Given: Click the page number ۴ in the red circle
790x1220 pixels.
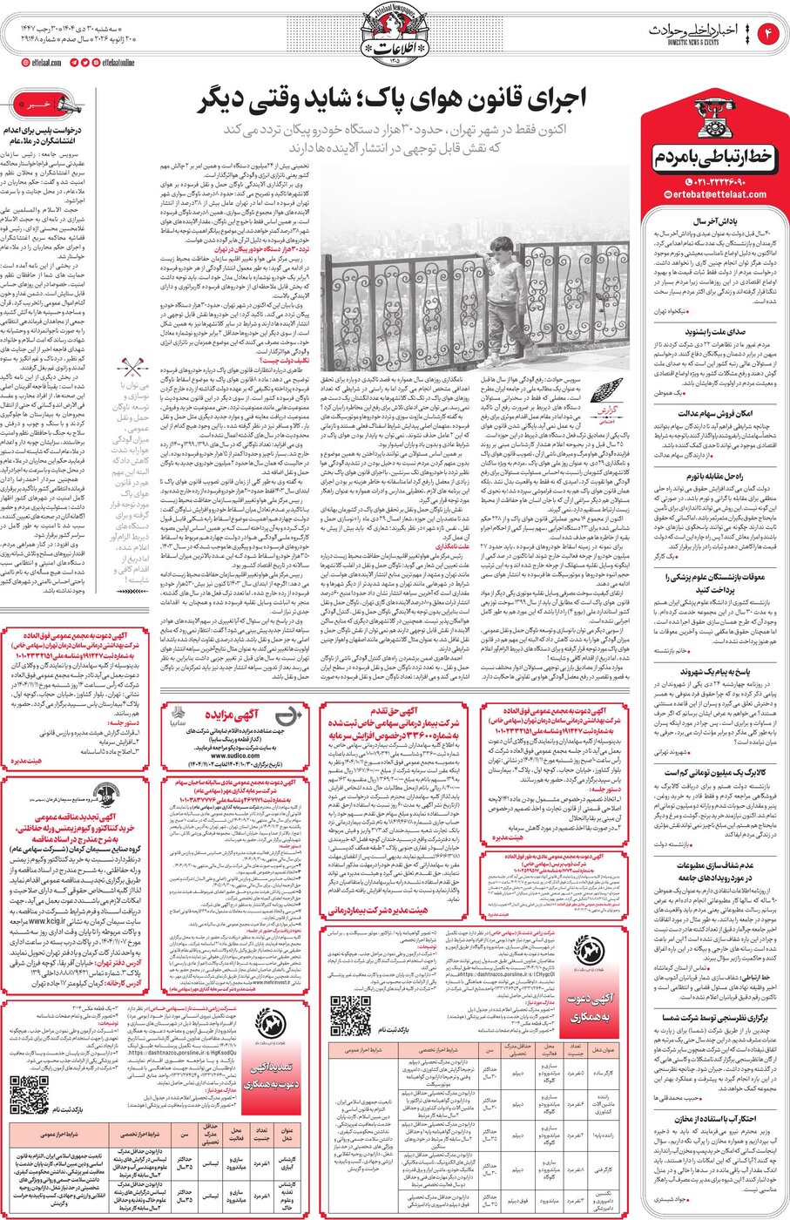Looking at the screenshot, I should click(769, 35).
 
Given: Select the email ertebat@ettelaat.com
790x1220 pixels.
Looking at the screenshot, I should click(714, 194).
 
